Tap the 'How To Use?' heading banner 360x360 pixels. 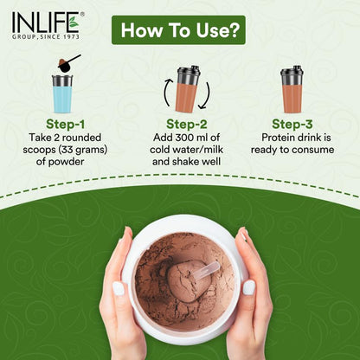pos(178,30)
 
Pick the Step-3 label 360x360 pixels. pos(292,124)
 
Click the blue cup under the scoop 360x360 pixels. pos(62,94)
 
